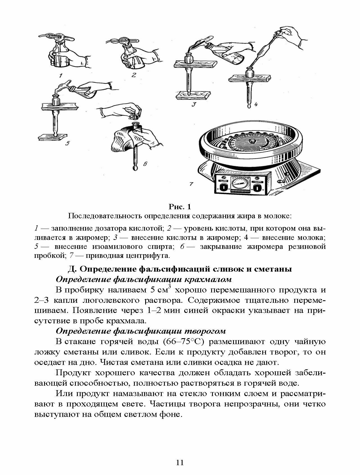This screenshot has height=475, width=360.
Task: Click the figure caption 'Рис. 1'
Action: coord(180,207)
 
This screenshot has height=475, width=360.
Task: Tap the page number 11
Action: coord(180,462)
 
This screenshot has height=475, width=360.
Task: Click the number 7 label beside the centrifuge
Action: coord(191,184)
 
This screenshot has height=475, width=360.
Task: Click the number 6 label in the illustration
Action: coord(145,164)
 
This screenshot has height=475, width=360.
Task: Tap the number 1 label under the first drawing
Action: coord(61,75)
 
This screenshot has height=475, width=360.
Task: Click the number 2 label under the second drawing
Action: coord(134,75)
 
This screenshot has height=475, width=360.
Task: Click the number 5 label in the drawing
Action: coord(67,144)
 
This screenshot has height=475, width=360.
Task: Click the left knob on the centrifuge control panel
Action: coord(223,187)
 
